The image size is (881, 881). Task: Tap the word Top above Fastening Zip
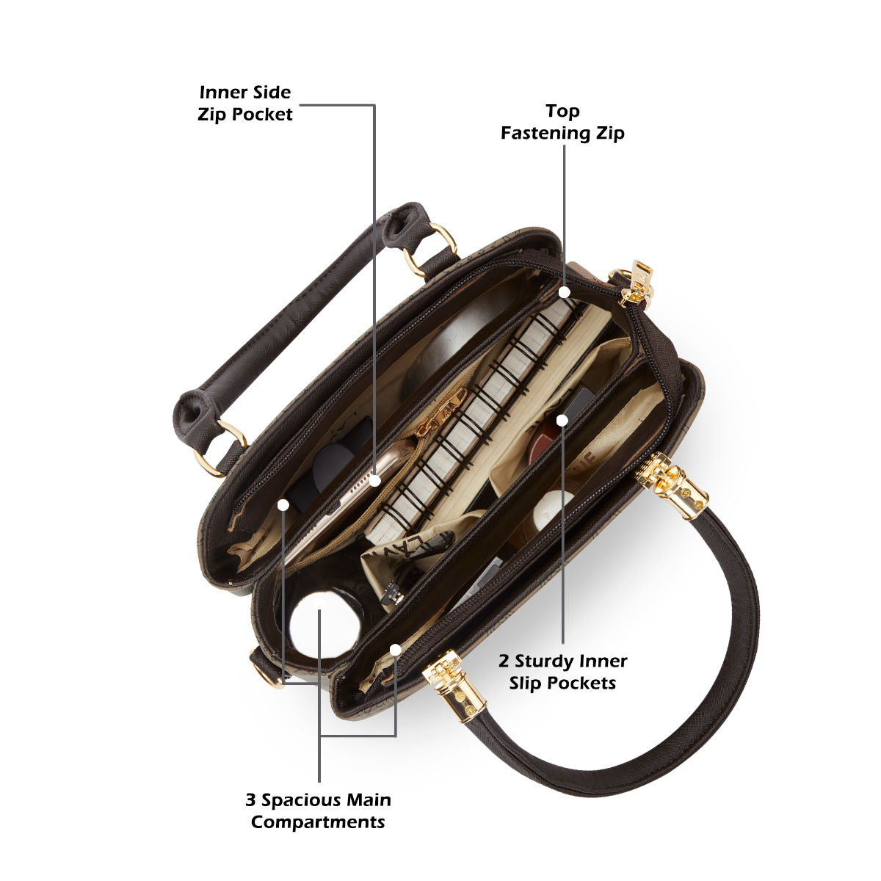tap(563, 111)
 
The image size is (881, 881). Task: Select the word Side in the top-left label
tap(270, 93)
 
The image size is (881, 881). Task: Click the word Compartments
tap(318, 822)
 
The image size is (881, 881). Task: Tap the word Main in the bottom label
tap(369, 800)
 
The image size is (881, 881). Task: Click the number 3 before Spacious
tap(250, 800)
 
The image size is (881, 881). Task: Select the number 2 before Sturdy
tap(504, 661)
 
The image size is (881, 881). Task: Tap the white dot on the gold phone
tap(375, 480)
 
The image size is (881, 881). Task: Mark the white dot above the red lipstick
tap(562, 420)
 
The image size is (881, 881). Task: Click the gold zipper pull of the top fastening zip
tap(636, 283)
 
